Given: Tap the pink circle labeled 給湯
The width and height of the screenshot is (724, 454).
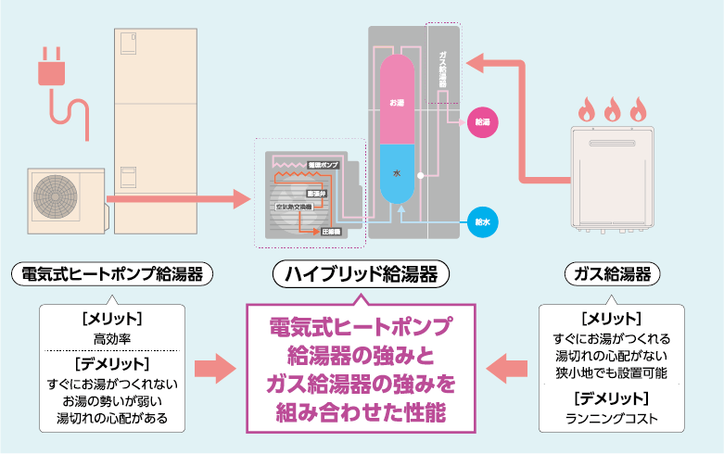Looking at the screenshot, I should pyautogui.click(x=481, y=121).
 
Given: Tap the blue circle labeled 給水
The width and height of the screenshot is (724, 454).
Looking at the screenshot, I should pyautogui.click(x=481, y=222).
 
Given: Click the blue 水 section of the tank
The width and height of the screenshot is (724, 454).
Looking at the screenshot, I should pyautogui.click(x=397, y=173).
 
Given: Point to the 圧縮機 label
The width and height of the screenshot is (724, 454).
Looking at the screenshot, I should pyautogui.click(x=332, y=231).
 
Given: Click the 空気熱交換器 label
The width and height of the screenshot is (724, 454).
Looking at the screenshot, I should pyautogui.click(x=294, y=206).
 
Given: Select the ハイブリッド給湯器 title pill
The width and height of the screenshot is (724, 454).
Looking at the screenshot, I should pyautogui.click(x=361, y=274).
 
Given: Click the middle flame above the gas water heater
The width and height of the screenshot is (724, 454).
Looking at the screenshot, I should pyautogui.click(x=612, y=111).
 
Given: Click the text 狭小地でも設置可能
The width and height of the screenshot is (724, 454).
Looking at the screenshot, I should pyautogui.click(x=612, y=373).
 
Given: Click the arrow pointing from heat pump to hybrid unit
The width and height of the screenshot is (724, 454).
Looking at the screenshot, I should pyautogui.click(x=176, y=197).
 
